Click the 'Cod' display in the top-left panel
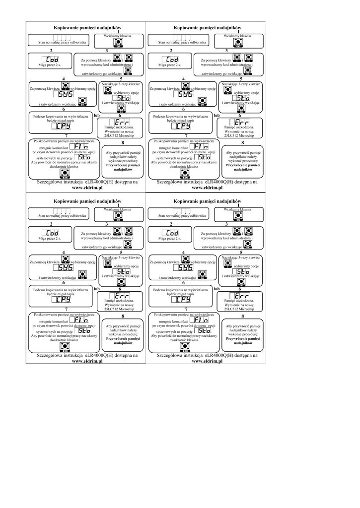(x=52, y=59)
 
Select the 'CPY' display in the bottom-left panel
(x=64, y=299)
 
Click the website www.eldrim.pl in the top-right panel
(x=206, y=189)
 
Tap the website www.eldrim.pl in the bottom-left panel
(x=87, y=362)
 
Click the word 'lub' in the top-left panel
(x=97, y=115)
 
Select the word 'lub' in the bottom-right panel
(x=216, y=288)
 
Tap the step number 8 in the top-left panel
(x=122, y=143)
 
